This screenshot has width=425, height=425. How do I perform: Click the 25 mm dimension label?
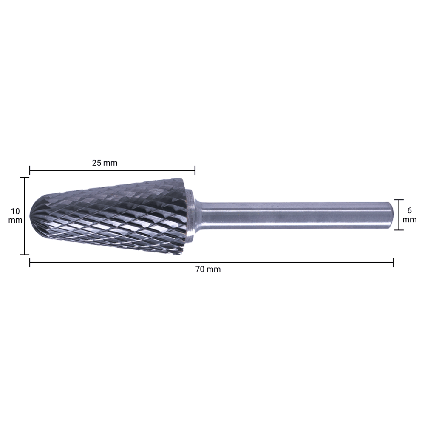(105, 163)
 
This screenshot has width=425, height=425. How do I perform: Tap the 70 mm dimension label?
(208, 269)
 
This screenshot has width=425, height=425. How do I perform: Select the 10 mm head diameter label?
(15, 215)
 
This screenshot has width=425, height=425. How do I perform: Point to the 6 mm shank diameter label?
(409, 215)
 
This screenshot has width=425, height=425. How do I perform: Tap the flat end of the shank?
(392, 215)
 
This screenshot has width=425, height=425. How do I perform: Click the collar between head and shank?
(191, 216)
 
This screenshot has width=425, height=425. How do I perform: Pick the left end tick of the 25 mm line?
(30, 171)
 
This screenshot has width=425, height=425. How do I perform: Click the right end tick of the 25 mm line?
(195, 171)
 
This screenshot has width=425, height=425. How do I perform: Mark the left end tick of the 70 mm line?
(30, 262)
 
